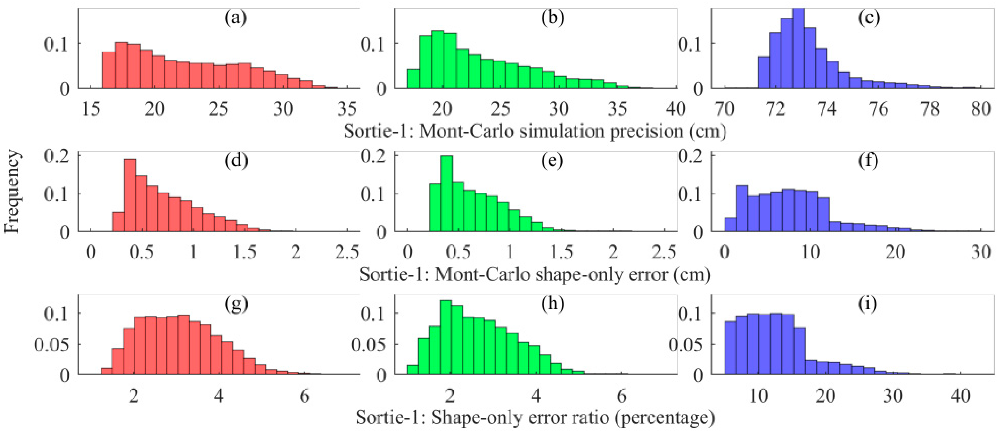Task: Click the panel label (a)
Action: (x=236, y=18)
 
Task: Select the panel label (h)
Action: (x=553, y=304)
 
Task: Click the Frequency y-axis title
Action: (x=13, y=192)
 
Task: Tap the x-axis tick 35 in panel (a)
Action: (x=347, y=109)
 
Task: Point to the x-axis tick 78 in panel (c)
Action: (x=930, y=109)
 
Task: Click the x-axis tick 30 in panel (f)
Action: (x=981, y=252)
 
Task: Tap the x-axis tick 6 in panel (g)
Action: (x=305, y=396)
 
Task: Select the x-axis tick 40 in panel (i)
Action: (x=960, y=396)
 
